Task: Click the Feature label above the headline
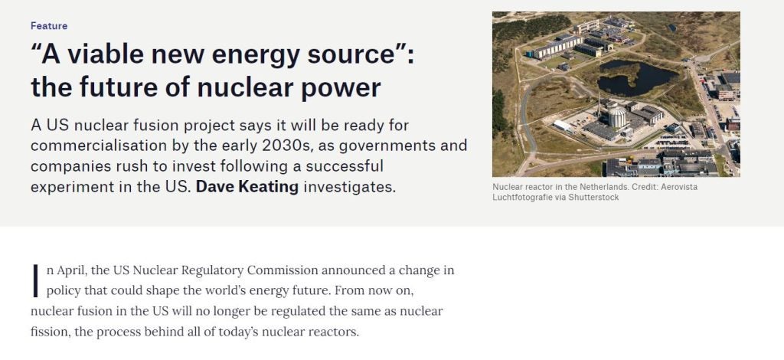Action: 49,25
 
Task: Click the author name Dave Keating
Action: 247,186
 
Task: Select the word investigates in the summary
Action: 349,186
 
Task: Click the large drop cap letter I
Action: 35,280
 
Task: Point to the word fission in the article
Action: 49,332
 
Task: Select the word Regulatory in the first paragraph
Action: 213,271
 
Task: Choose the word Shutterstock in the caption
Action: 594,198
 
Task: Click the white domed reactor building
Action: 617,117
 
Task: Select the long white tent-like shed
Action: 563,125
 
